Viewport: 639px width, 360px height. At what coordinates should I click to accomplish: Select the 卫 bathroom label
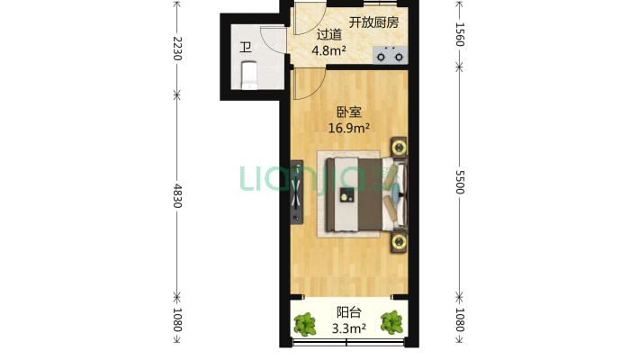click(245, 48)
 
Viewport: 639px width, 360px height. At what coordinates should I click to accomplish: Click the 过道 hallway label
click(329, 35)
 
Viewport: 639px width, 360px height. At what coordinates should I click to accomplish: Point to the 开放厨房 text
click(373, 21)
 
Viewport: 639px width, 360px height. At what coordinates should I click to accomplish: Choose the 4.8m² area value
click(329, 50)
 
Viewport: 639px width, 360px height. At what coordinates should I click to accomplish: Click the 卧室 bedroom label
click(349, 112)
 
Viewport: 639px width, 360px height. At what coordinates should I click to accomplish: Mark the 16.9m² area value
click(349, 128)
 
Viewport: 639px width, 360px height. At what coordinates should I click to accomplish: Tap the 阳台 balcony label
click(349, 312)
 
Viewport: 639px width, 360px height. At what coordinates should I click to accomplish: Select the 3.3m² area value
click(349, 328)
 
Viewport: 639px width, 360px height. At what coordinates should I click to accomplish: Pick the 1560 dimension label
click(459, 36)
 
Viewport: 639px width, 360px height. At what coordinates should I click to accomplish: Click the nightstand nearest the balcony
click(397, 239)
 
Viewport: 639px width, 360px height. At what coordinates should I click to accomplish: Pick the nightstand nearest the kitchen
click(397, 146)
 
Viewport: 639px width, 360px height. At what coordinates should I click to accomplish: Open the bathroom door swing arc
click(271, 38)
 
